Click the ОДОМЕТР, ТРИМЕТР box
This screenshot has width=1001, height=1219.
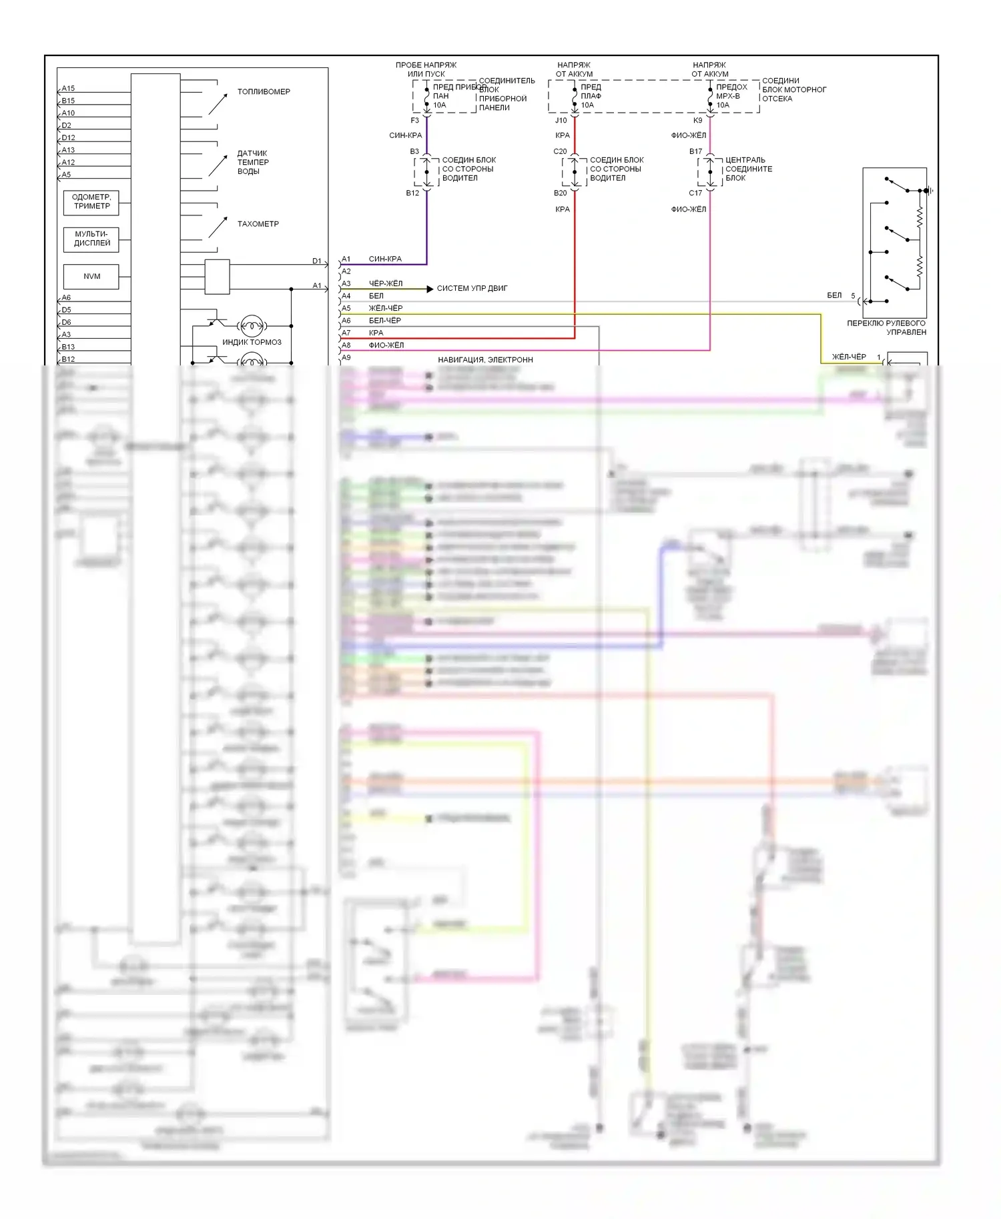[x=91, y=202]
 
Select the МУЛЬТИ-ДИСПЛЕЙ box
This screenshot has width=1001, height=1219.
[x=91, y=239]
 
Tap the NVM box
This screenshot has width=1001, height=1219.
[x=91, y=276]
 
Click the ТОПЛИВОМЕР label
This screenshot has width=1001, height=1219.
[x=264, y=92]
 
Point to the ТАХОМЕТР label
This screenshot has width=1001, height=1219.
[x=258, y=224]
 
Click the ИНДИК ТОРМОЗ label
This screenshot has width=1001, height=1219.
[x=252, y=342]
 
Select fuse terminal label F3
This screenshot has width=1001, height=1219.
[x=414, y=121]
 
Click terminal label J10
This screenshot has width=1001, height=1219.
[x=561, y=121]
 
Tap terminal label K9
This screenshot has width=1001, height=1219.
[x=697, y=121]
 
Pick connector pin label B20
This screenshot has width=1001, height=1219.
[x=560, y=193]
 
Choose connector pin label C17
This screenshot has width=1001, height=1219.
[x=695, y=193]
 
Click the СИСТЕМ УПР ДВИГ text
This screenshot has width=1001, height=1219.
[x=472, y=289]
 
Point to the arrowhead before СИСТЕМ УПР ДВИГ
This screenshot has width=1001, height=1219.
[x=430, y=289]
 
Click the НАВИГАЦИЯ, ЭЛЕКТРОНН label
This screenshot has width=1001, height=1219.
[x=485, y=360]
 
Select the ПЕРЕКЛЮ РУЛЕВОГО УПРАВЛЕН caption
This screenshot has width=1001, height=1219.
[x=886, y=327]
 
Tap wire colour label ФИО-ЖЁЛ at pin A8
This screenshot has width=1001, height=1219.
[x=386, y=345]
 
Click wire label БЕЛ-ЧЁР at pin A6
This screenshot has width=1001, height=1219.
[x=385, y=321]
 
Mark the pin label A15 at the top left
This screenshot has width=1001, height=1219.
[x=68, y=89]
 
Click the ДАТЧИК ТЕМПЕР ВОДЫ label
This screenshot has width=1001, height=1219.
[x=253, y=163]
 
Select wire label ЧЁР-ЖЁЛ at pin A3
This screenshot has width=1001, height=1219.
[x=386, y=284]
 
